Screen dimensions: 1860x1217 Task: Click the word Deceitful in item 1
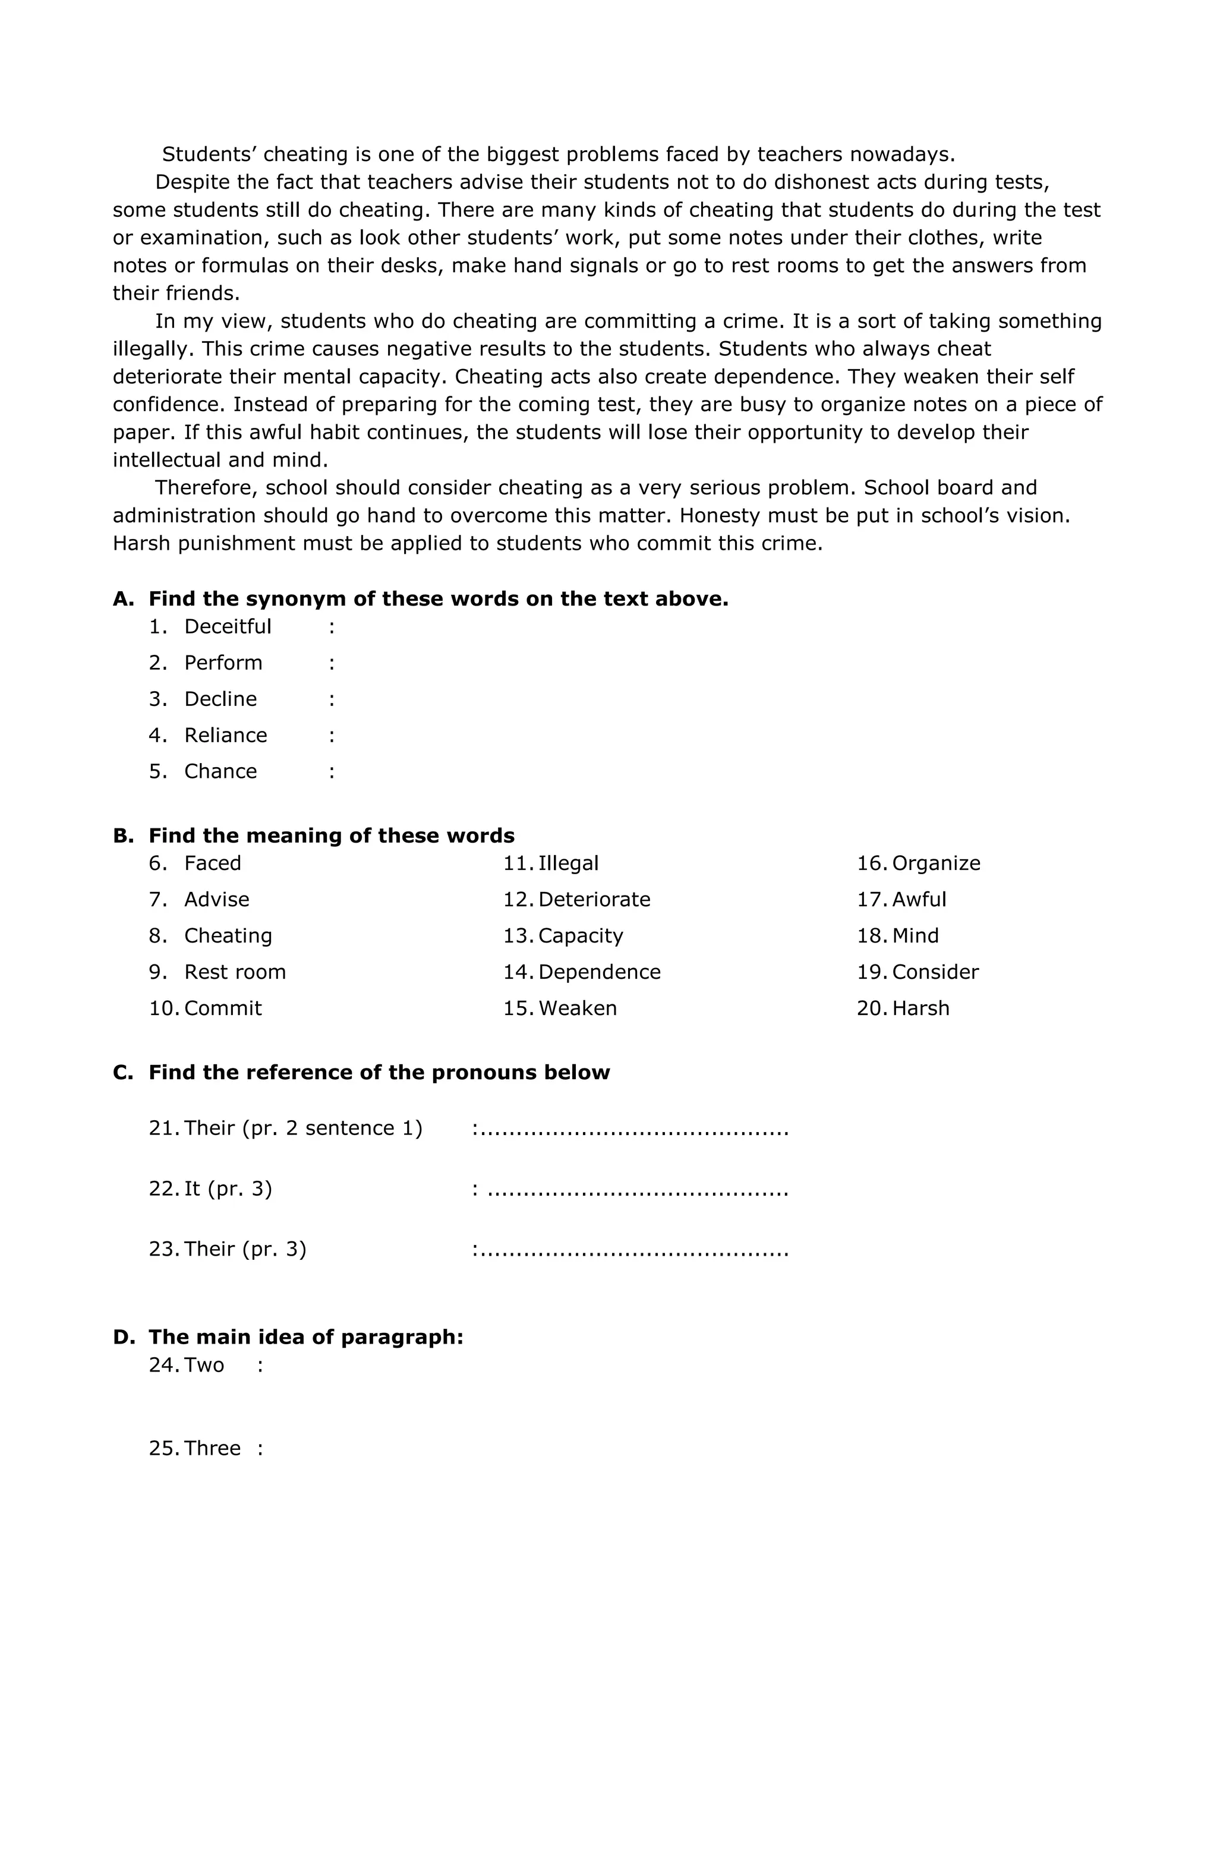pos(228,627)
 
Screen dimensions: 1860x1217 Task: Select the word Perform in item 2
pos(223,663)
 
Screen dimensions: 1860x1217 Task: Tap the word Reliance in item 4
pos(225,736)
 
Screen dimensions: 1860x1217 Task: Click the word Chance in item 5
pos(220,771)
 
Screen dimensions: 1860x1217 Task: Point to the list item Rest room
pos(235,972)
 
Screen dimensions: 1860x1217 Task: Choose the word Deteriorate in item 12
pos(594,900)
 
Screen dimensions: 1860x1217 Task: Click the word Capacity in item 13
pos(581,937)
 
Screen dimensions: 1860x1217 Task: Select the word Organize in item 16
pos(935,863)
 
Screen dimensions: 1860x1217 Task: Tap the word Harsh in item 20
pos(920,1008)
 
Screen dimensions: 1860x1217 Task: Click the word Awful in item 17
pos(919,900)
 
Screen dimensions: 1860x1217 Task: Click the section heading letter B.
pos(123,836)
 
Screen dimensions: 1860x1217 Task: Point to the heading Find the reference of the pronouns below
pos(379,1072)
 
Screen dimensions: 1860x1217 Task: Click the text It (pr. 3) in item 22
pos(228,1188)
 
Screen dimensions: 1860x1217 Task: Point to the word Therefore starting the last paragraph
pos(206,488)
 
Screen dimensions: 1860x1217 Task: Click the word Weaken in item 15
pos(577,1008)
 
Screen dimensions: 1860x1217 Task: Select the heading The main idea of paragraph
pos(305,1337)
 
